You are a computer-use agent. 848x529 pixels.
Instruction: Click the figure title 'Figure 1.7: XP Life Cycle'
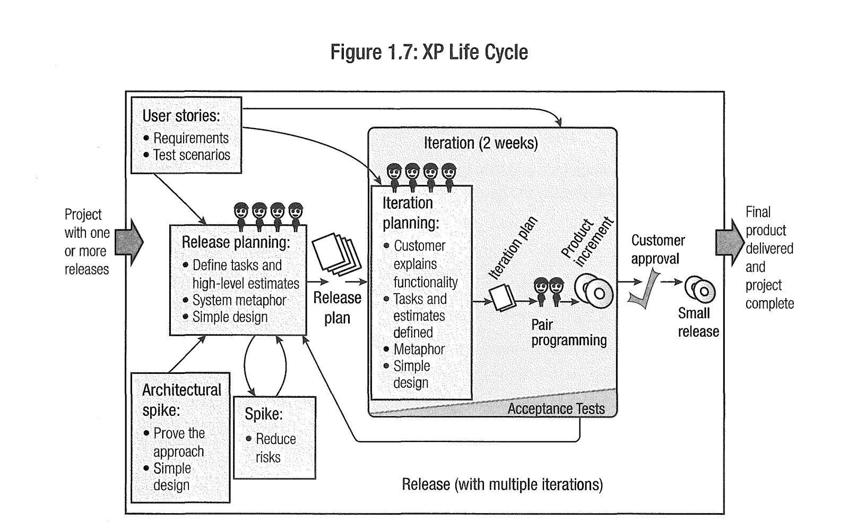pos(429,52)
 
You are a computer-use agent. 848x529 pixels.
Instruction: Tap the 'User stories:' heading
pos(181,116)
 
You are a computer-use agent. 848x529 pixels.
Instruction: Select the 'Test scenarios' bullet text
pos(192,155)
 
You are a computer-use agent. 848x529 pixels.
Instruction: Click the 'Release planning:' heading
pos(236,242)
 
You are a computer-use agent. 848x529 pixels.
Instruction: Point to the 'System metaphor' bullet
pos(239,300)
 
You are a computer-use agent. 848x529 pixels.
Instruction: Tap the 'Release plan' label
pos(337,308)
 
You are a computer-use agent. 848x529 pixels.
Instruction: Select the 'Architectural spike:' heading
pos(181,399)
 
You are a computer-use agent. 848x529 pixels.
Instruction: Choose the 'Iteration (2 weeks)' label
pos(481,143)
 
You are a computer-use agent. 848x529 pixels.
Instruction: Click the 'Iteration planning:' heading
pos(410,212)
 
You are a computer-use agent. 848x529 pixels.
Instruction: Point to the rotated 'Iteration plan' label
pos(513,248)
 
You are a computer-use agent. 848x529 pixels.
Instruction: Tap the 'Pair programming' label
pos(569,332)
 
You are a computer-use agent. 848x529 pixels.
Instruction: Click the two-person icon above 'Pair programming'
pos(548,292)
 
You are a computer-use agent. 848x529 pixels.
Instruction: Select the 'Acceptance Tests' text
pos(556,408)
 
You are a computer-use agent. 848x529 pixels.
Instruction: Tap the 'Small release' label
pos(698,322)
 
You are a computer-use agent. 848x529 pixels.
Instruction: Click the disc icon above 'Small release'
pos(700,289)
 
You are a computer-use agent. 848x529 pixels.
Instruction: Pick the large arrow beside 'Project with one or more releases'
pos(129,242)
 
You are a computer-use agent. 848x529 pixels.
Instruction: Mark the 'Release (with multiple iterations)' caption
pos(502,484)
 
